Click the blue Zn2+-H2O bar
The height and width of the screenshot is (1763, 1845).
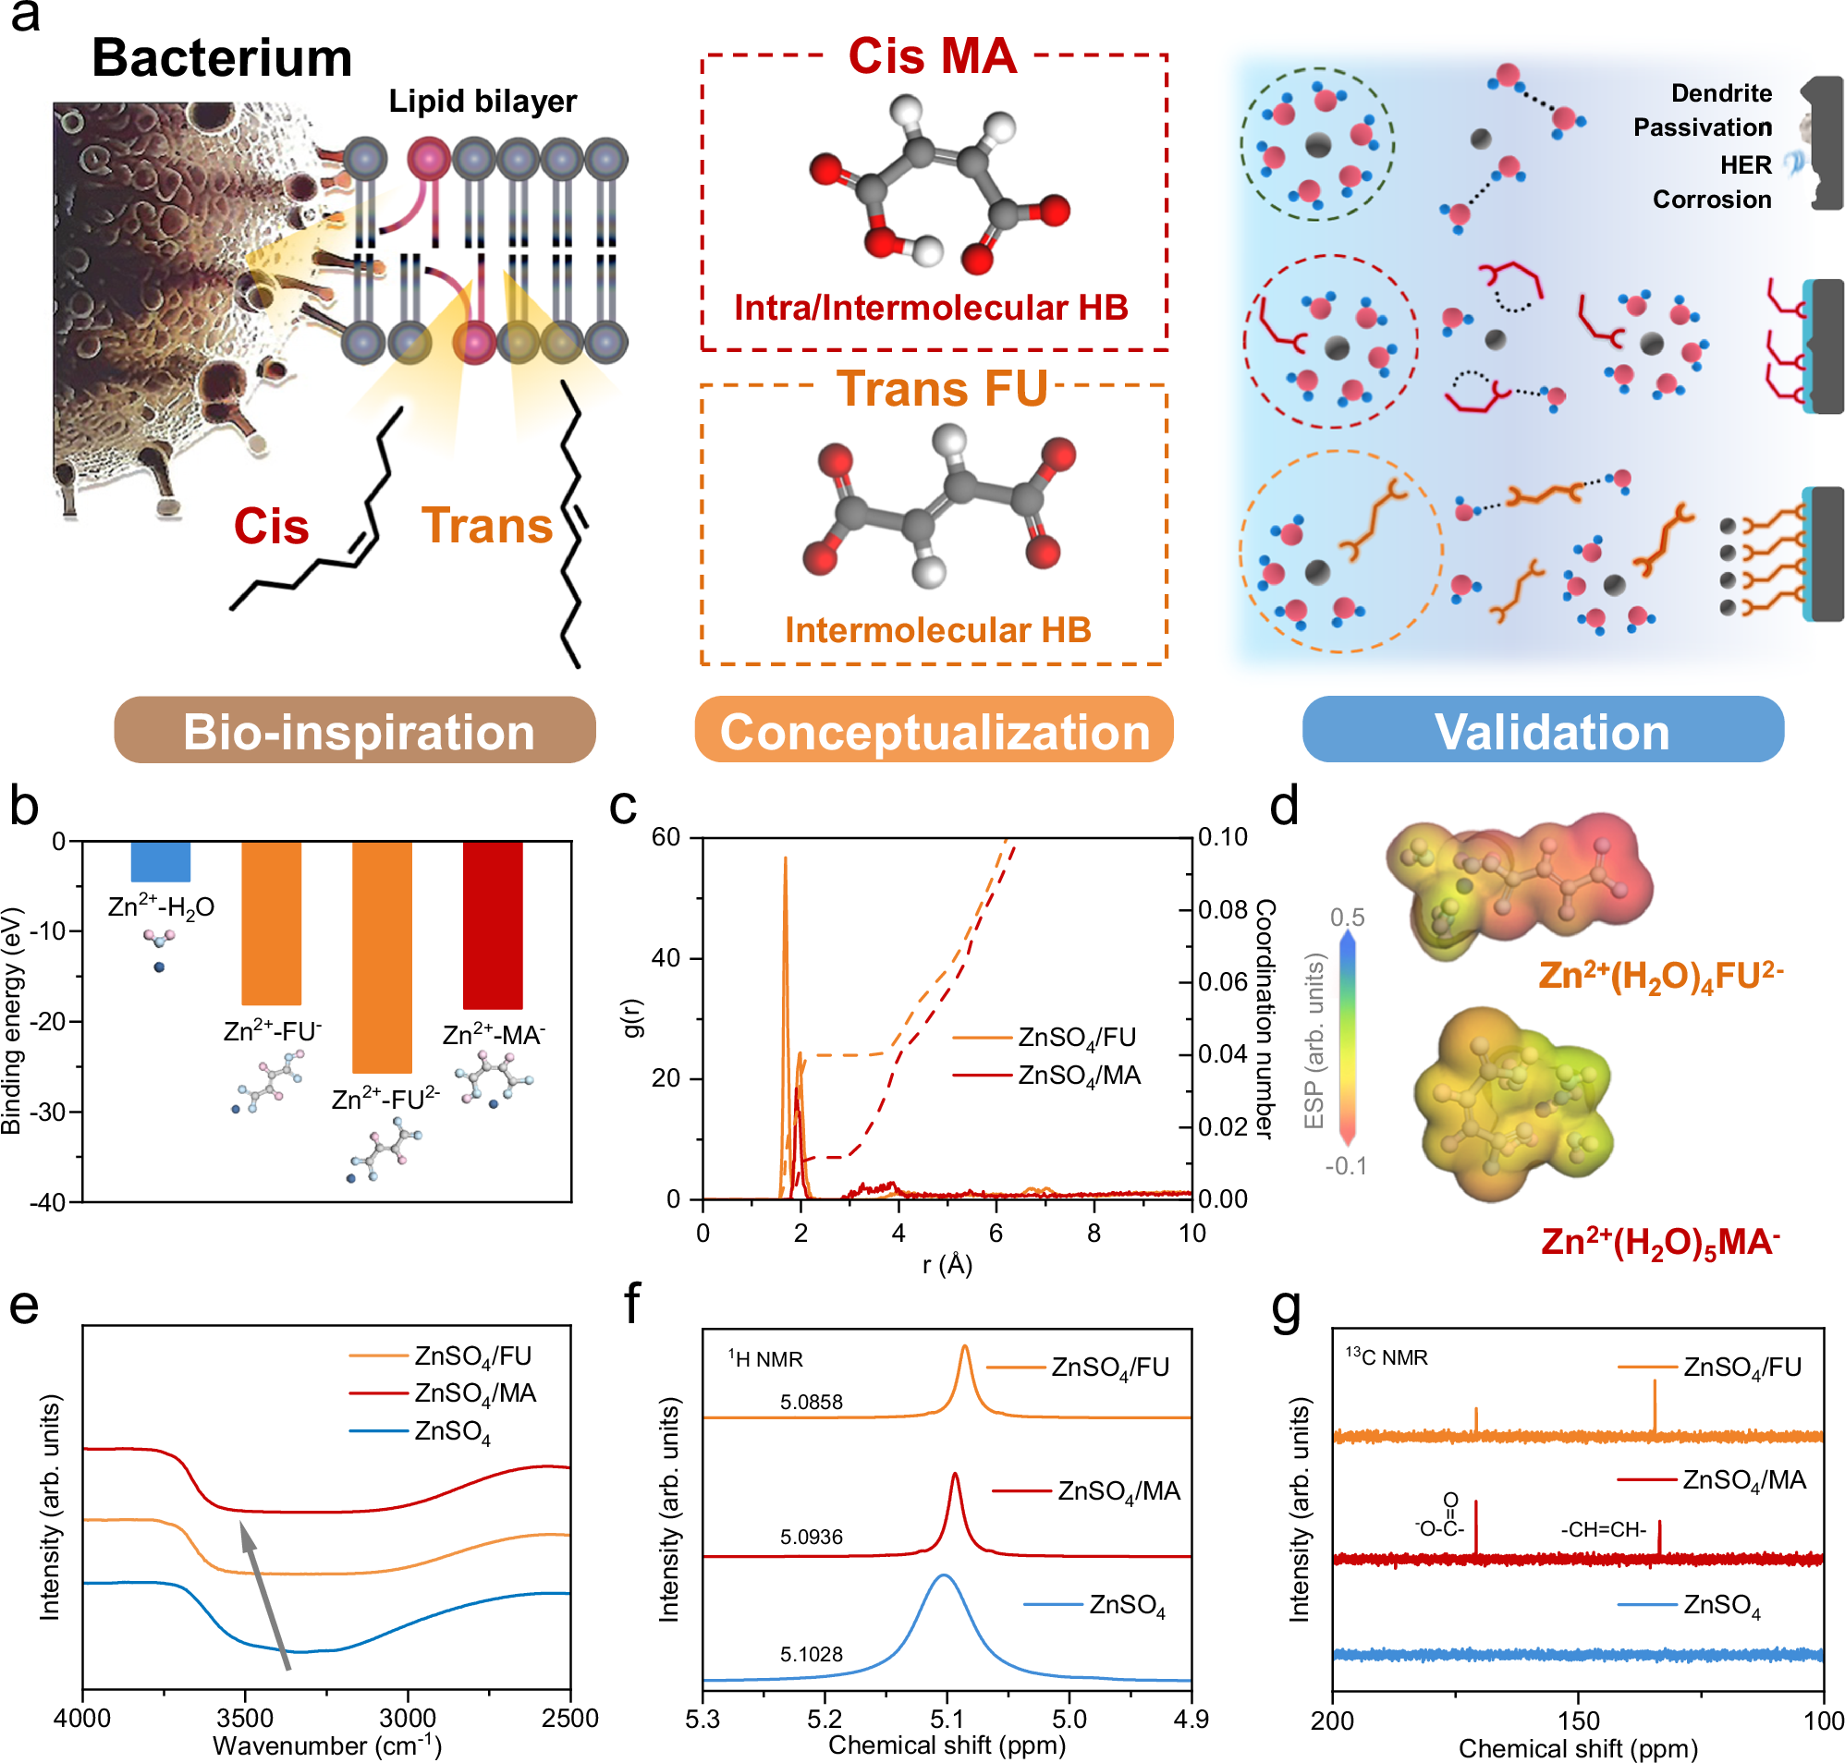[x=160, y=861]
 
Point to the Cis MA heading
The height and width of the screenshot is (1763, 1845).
[x=932, y=56]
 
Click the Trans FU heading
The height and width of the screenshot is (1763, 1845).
[x=941, y=388]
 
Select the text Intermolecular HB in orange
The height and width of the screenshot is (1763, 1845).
[x=937, y=629]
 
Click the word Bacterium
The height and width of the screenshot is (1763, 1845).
[x=222, y=58]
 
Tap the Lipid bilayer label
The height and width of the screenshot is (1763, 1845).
[x=483, y=102]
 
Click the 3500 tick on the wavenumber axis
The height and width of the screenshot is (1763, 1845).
[x=244, y=1719]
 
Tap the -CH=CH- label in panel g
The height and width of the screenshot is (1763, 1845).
[x=1603, y=1530]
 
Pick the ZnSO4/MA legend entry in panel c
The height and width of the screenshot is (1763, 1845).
[x=1078, y=1076]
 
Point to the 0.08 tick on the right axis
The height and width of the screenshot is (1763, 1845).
[x=1222, y=910]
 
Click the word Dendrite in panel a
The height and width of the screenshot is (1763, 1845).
[x=1720, y=93]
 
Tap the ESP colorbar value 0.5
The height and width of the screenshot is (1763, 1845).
[x=1346, y=918]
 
